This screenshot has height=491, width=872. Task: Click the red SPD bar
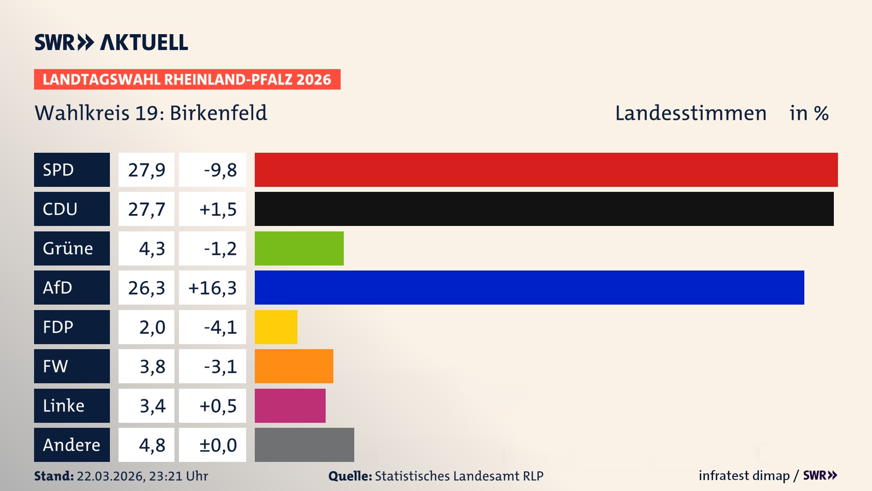546,170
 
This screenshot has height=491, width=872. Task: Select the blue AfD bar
529,287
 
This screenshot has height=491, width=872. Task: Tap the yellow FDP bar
276,327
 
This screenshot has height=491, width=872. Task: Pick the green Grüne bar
299,248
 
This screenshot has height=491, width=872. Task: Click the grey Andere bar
304,445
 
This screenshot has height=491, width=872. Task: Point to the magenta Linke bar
290,406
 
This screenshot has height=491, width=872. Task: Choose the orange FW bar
294,366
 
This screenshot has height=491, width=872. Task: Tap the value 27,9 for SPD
146,170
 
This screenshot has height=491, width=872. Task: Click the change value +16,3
213,288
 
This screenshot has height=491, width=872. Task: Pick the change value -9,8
220,170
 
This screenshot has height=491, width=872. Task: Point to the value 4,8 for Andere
152,445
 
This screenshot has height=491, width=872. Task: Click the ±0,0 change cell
218,445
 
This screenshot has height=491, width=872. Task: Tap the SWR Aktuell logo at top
111,42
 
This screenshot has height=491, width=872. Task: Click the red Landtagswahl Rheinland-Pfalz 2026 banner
187,80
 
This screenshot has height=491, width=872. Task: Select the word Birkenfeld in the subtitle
218,113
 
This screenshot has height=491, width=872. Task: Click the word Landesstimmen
690,113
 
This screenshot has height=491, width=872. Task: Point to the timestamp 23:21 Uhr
178,476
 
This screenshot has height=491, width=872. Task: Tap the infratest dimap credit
744,476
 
